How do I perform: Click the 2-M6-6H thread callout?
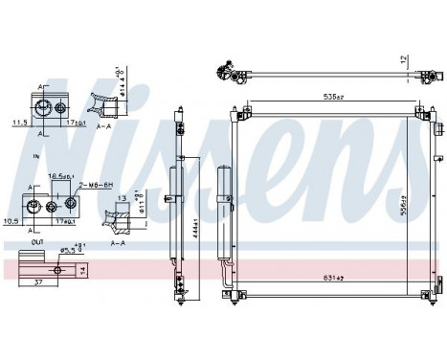(x=99, y=183)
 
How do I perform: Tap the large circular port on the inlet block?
(x=60, y=108)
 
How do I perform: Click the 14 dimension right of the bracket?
(x=82, y=272)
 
